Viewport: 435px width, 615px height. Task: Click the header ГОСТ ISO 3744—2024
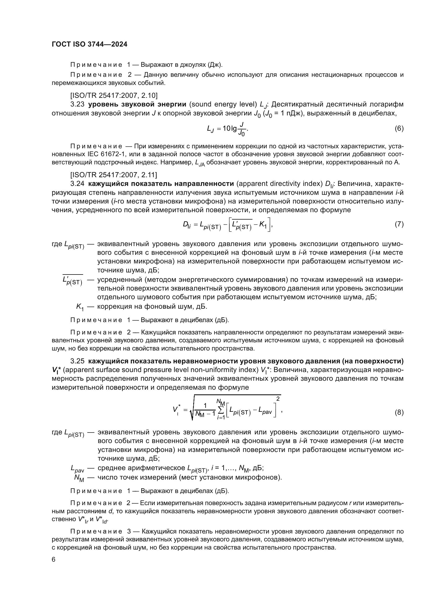tap(89, 44)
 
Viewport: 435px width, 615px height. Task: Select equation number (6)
tap(399, 128)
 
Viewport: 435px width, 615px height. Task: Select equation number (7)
tap(399, 224)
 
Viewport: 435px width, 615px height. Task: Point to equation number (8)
tap(399, 412)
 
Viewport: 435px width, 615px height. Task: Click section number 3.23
tap(77, 104)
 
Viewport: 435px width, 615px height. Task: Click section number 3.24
tap(77, 184)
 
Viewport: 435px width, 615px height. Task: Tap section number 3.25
tap(77, 361)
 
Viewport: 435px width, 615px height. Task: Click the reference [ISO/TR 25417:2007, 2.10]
tap(114, 95)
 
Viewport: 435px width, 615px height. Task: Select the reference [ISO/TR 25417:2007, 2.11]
tap(114, 175)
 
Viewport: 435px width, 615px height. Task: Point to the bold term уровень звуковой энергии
tap(137, 104)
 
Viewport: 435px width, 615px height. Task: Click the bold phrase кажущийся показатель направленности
tap(161, 184)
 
